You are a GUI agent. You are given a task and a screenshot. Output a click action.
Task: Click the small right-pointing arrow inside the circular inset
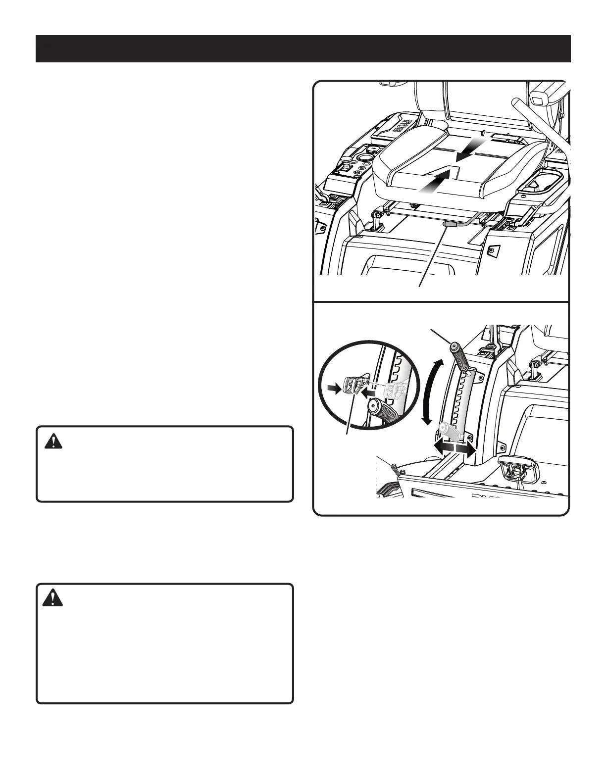tap(337, 390)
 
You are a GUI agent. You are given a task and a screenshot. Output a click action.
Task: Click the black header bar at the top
tap(303, 49)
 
